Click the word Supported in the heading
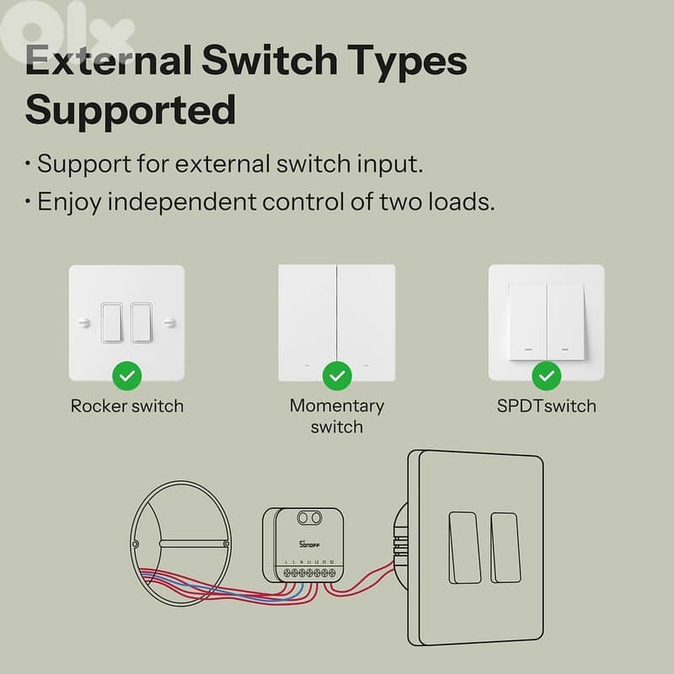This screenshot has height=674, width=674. pos(131,110)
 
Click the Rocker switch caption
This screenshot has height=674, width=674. pos(126,406)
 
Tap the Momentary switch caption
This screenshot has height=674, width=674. pos(337,416)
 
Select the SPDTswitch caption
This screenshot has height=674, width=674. pos(547,406)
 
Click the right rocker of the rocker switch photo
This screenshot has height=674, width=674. pos(140,322)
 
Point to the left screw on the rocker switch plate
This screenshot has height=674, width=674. pos(83,322)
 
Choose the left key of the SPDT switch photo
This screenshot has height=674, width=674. pos(527,318)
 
